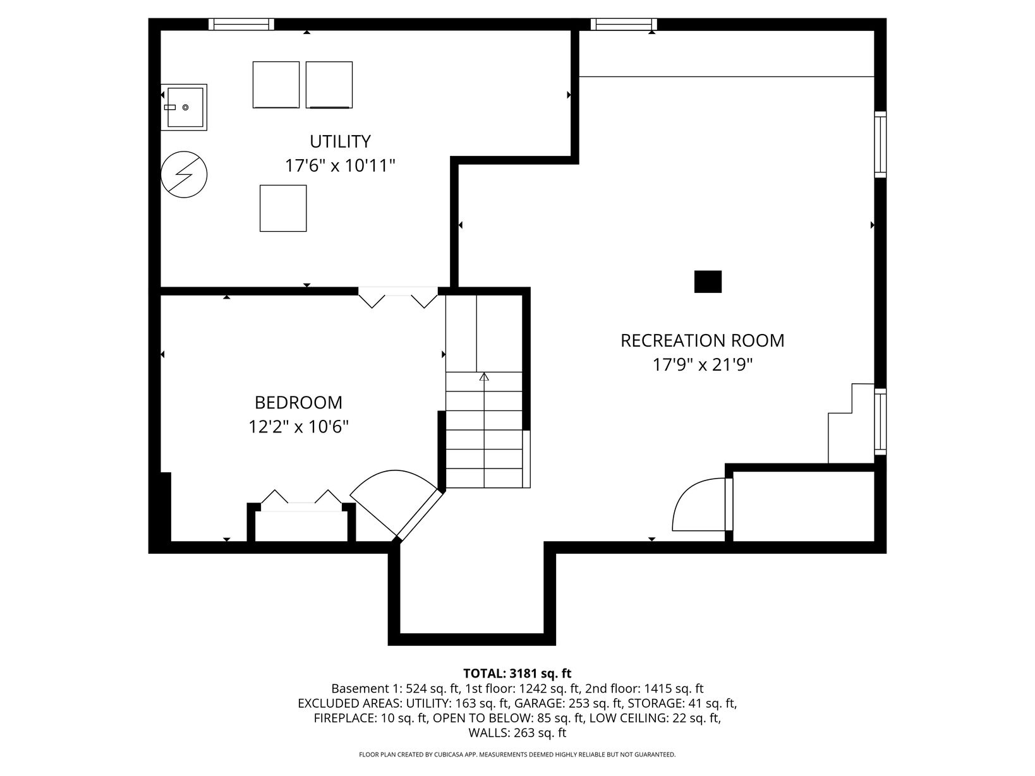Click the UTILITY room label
pyautogui.click(x=340, y=141)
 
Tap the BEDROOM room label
pyautogui.click(x=298, y=402)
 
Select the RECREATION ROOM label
pyautogui.click(x=702, y=340)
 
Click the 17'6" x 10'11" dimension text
pyautogui.click(x=340, y=165)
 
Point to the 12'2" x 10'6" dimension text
pyautogui.click(x=298, y=427)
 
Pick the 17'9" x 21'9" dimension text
pyautogui.click(x=702, y=365)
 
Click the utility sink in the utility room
pyautogui.click(x=184, y=107)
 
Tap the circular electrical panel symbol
pyautogui.click(x=184, y=174)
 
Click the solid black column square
pyautogui.click(x=708, y=282)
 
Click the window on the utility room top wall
pyautogui.click(x=241, y=24)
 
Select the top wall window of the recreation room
pyautogui.click(x=624, y=24)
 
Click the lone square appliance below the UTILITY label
pyautogui.click(x=283, y=208)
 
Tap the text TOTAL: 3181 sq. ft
pyautogui.click(x=517, y=673)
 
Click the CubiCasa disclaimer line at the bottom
pyautogui.click(x=517, y=755)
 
